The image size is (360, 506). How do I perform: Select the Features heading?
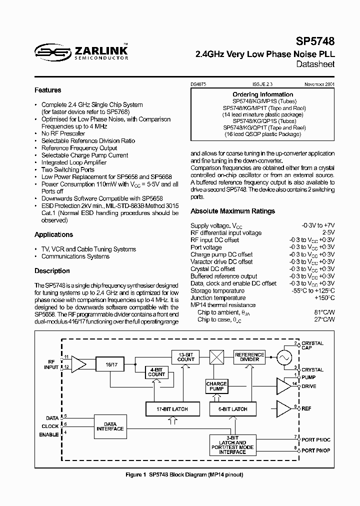point(48,90)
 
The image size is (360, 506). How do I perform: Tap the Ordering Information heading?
point(263,94)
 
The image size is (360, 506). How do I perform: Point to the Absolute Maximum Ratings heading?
point(232,211)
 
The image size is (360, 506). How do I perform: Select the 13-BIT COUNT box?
point(186,356)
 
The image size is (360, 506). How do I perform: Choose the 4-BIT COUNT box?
point(156,372)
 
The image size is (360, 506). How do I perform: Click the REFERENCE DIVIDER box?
point(249,356)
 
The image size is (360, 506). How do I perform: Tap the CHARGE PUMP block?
point(216,386)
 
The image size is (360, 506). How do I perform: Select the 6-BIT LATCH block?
point(233,409)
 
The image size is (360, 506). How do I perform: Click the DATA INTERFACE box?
point(110,426)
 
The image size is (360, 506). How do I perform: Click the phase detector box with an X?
point(217,357)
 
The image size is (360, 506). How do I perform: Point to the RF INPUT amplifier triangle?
point(78,365)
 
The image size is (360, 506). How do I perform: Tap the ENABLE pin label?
point(49,435)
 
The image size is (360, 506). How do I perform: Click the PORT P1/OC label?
point(316,439)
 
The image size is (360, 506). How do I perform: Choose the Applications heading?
point(53,234)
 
